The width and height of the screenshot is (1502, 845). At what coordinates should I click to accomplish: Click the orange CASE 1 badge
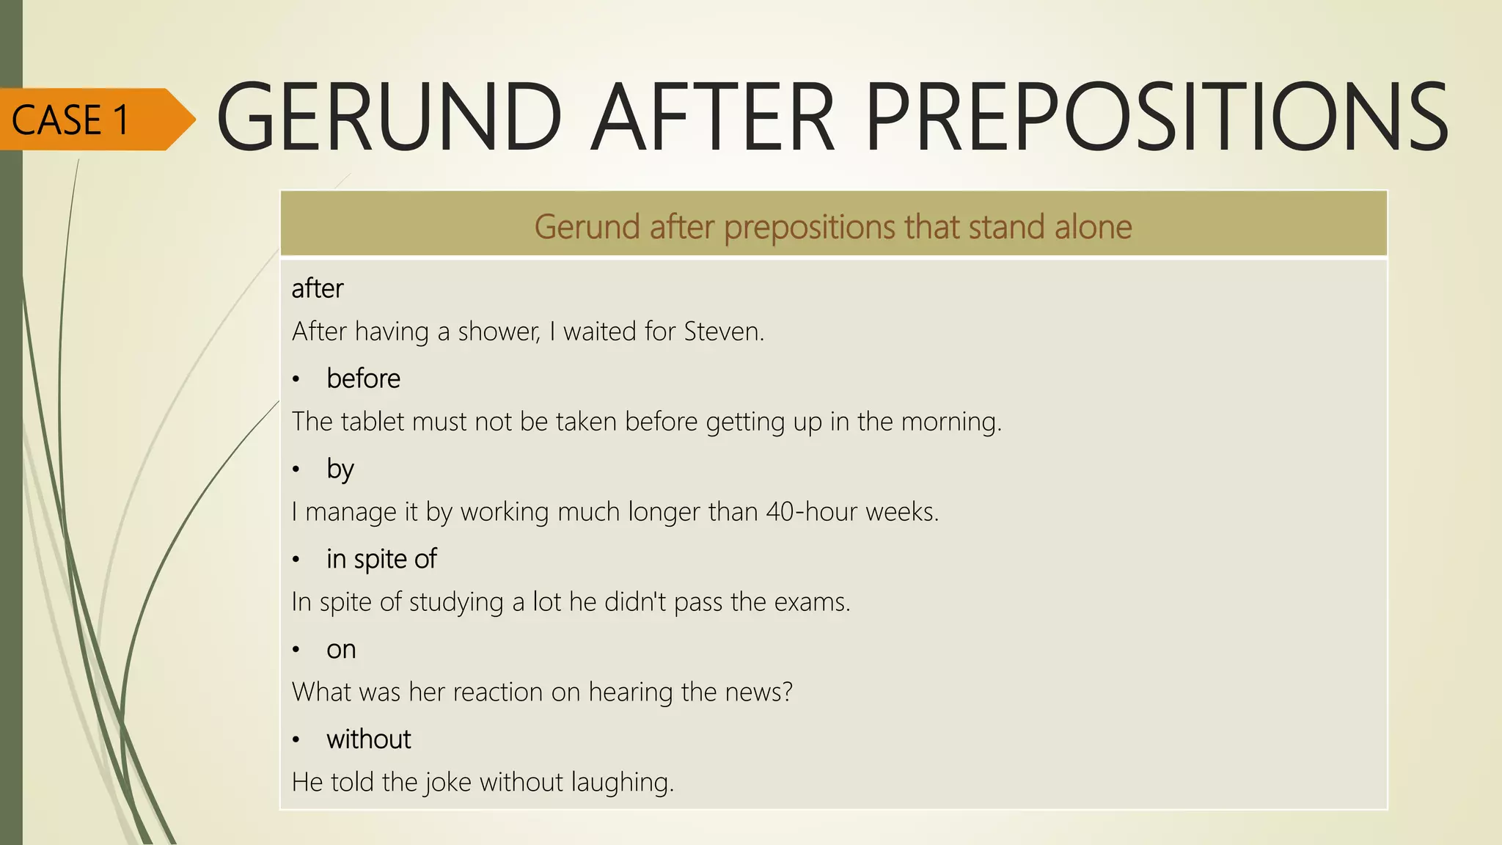[88, 120]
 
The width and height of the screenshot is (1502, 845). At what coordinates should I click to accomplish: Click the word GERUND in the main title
[389, 117]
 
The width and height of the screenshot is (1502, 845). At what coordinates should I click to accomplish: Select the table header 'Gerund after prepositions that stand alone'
[832, 227]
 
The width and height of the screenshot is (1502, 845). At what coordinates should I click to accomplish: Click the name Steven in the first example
[723, 332]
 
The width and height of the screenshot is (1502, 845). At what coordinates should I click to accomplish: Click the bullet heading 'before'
[363, 378]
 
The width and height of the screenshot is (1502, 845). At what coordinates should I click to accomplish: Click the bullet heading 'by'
[340, 469]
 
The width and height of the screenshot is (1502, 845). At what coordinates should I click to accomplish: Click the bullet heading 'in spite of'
[381, 559]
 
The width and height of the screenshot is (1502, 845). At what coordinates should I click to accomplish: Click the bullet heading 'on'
[341, 649]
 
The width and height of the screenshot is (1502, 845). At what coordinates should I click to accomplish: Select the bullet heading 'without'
[368, 739]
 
